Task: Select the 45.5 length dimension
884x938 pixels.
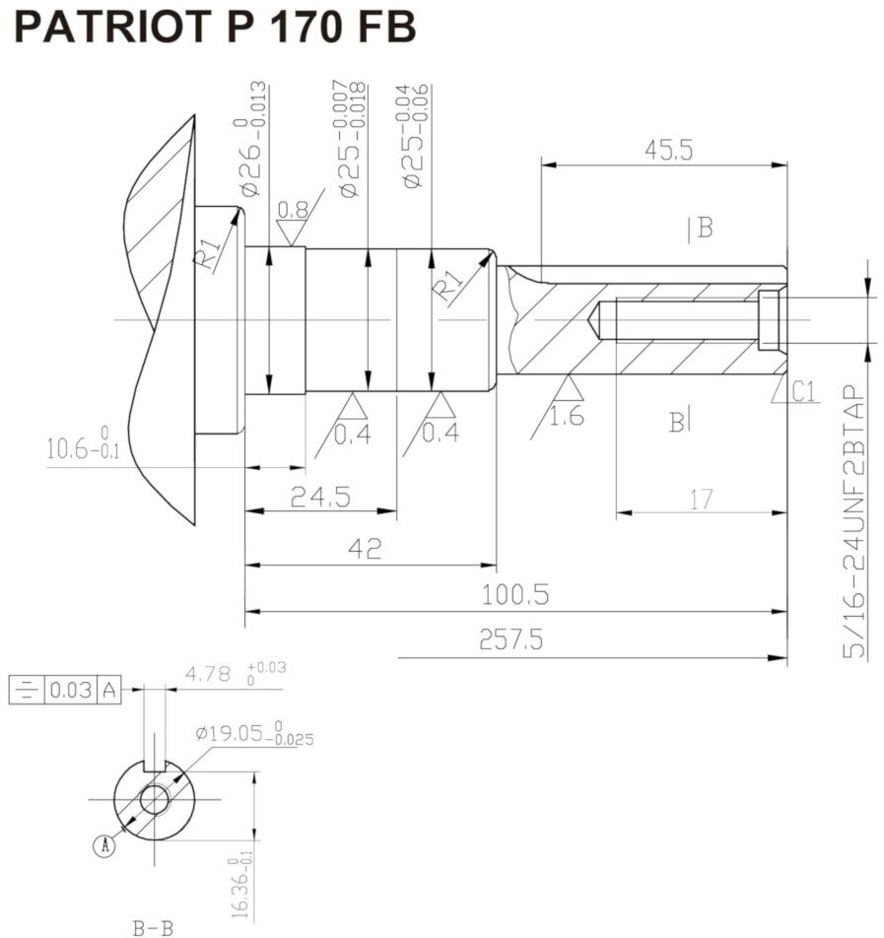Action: tap(668, 150)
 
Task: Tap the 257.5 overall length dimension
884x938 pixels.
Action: tap(510, 640)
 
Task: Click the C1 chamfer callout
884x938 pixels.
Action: tap(804, 393)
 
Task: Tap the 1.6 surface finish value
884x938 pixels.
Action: tap(567, 416)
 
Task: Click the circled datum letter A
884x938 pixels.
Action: tap(103, 844)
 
